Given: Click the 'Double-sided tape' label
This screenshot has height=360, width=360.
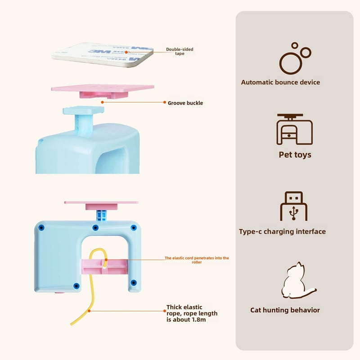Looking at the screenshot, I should pyautogui.click(x=180, y=51).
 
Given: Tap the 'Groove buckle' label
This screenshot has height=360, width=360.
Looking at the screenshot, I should pyautogui.click(x=185, y=103).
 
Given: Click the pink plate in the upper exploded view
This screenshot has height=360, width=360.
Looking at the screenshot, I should pyautogui.click(x=103, y=88).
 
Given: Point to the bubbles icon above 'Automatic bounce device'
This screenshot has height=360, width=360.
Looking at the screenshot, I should pyautogui.click(x=295, y=58).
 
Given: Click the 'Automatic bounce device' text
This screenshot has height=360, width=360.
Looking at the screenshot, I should pyautogui.click(x=280, y=82).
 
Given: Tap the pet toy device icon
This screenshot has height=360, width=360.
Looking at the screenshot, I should pyautogui.click(x=294, y=129).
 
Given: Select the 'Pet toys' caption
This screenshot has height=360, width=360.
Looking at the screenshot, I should pyautogui.click(x=295, y=155).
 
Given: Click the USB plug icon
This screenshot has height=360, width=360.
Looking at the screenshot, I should pyautogui.click(x=293, y=206).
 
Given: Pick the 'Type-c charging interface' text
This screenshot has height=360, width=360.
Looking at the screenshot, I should pyautogui.click(x=282, y=232).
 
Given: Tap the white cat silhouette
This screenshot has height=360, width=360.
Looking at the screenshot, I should pyautogui.click(x=296, y=281).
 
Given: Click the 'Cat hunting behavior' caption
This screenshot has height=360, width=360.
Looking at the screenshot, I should pyautogui.click(x=285, y=310).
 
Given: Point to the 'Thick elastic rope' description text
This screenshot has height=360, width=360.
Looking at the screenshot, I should pyautogui.click(x=192, y=313).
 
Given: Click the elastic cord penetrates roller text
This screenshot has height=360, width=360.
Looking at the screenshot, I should pyautogui.click(x=197, y=260).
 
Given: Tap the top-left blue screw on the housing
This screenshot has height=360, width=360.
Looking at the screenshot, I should pyautogui.click(x=41, y=228).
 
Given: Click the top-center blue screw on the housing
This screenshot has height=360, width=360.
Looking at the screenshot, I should pyautogui.click(x=95, y=227).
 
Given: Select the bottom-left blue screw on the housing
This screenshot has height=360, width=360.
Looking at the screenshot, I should pyautogui.click(x=76, y=285).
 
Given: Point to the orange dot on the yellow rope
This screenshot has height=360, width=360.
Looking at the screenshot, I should pyautogui.click(x=89, y=310).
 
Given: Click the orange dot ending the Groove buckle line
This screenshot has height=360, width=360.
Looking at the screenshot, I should pyautogui.click(x=103, y=102).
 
